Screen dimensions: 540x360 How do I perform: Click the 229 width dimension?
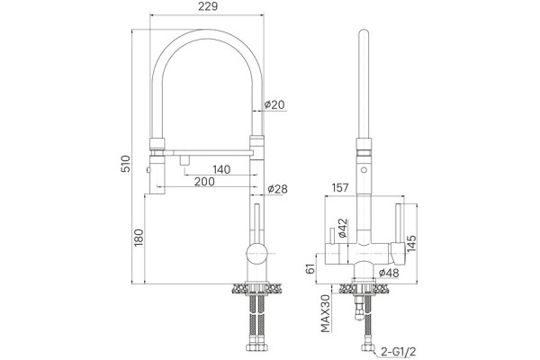pyautogui.click(x=208, y=6)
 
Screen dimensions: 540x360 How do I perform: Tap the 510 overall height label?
pyautogui.click(x=126, y=164)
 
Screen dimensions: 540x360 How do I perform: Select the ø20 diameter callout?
pyautogui.click(x=274, y=104)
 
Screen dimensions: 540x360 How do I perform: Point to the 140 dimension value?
pyautogui.click(x=221, y=169)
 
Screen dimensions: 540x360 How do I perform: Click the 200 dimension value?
pyautogui.click(x=204, y=182)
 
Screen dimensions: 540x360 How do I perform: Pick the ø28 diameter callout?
pyautogui.click(x=277, y=189)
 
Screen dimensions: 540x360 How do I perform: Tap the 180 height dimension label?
pyautogui.click(x=139, y=238)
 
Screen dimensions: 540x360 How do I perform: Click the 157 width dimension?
pyautogui.click(x=340, y=188)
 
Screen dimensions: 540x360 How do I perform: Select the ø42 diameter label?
pyautogui.click(x=342, y=228)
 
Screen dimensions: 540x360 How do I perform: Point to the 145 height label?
pyautogui.click(x=411, y=243)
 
